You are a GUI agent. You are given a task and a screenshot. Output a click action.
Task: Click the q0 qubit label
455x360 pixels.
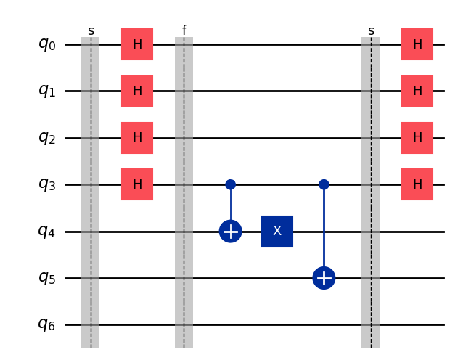coord(46,44)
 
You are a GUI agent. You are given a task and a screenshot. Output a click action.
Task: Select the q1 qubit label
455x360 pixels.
coord(46,91)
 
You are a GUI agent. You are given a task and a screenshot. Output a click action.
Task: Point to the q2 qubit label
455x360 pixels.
coord(46,137)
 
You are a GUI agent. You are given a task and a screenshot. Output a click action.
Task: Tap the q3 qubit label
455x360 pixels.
coord(46,184)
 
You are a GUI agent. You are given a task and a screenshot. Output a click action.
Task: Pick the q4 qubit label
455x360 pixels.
coord(46,231)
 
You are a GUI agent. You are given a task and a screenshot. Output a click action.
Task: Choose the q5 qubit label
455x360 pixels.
coord(46,278)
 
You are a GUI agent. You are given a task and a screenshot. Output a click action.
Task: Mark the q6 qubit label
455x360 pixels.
coord(46,324)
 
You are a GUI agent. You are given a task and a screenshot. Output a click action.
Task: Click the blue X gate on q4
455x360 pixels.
coord(277,232)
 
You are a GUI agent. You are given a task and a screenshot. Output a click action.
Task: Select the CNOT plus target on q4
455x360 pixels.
coord(230,232)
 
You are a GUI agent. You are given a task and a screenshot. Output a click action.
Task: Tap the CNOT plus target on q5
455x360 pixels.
coord(324,278)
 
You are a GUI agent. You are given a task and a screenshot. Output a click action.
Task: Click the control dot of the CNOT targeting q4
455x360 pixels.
coord(230,184)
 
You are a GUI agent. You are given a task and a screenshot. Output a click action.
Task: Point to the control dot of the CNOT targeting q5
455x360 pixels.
coord(324,184)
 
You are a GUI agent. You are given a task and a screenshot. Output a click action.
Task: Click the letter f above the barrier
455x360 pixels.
coord(184,30)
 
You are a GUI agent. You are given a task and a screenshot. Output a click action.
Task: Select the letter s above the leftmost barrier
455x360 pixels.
coord(91,31)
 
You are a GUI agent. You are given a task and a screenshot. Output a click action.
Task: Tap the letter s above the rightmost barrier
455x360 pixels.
coord(371,31)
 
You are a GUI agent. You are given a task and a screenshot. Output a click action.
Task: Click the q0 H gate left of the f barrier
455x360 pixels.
coord(137,44)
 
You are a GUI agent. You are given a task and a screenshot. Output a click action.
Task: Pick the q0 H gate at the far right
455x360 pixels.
coord(417,44)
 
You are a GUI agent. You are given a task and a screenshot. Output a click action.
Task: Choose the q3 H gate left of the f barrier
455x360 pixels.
coord(137,184)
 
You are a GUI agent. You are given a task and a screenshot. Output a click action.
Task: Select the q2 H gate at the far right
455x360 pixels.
coord(417,137)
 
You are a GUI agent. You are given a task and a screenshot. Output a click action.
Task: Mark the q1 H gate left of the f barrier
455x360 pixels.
coord(137,91)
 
